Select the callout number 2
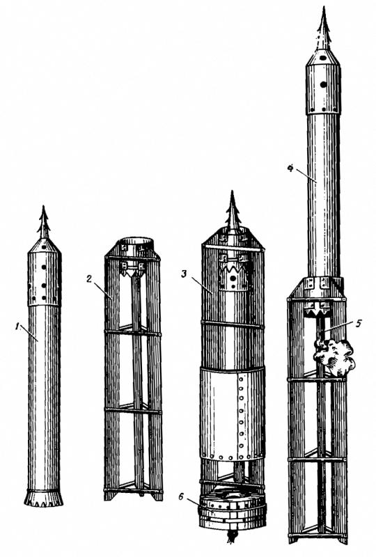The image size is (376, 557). (x=89, y=278)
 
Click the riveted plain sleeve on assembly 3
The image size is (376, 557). (x=233, y=414)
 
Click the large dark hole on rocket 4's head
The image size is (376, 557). (x=323, y=84)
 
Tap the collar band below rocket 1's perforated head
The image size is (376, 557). (x=45, y=304)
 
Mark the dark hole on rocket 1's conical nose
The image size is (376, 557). (x=43, y=247)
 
